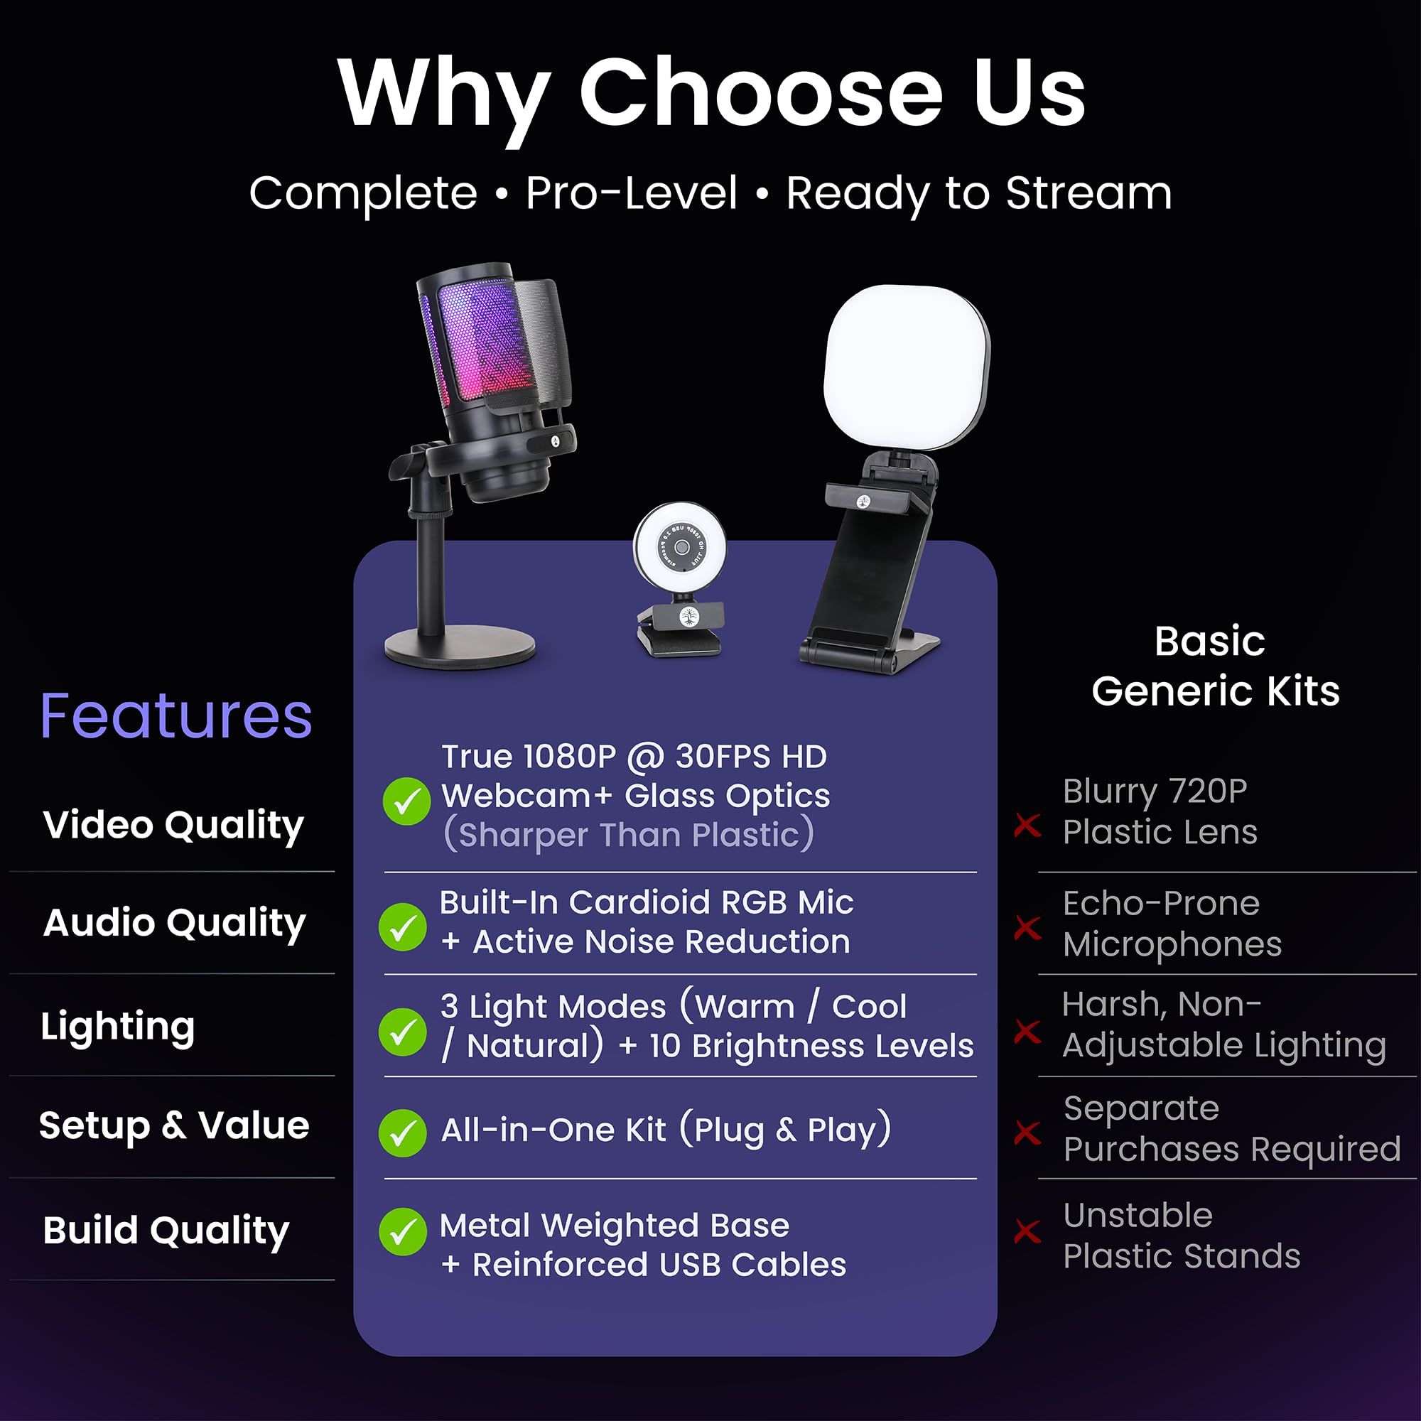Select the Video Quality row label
point(173,825)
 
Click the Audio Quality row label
point(174,923)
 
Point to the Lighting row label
point(118,1027)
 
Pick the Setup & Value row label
point(174,1126)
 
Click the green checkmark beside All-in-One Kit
point(402,1133)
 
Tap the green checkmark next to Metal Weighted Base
point(402,1232)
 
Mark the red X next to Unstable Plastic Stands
point(1027,1231)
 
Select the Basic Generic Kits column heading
point(1214,666)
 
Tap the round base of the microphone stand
point(460,647)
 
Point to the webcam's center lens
point(682,547)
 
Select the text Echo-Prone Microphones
point(1172,924)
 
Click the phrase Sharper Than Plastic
point(629,835)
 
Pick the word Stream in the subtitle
point(1088,193)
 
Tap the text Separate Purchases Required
point(1231,1129)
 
